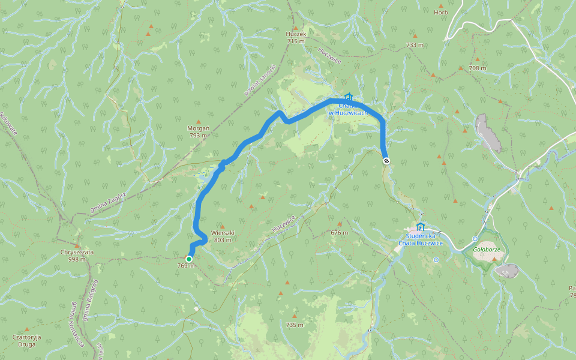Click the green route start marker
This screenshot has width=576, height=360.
click(x=189, y=259)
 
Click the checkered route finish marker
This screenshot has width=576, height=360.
click(x=386, y=160)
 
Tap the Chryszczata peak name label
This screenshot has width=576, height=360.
click(x=77, y=252)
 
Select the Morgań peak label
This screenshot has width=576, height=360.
click(x=198, y=128)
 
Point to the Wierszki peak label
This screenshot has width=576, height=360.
click(x=222, y=233)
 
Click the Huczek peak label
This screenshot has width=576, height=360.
click(x=296, y=34)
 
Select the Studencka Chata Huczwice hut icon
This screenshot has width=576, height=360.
click(x=420, y=227)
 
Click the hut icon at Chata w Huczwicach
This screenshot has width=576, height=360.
click(x=349, y=97)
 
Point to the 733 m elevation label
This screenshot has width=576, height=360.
click(x=415, y=45)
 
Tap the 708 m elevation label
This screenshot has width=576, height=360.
click(x=478, y=68)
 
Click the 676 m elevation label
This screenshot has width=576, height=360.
click(x=339, y=232)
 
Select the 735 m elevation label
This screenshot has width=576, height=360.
click(x=295, y=325)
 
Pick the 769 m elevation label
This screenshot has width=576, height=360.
click(x=186, y=266)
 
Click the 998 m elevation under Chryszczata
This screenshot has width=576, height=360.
click(x=77, y=259)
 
